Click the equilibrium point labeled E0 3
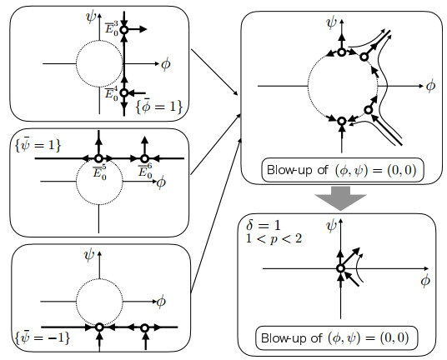coord(124,30)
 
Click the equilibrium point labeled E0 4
coord(124,92)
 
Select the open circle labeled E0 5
coord(98,158)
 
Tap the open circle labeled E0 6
coord(144,158)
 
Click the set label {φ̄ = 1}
coord(159,107)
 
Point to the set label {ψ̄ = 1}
coord(38,144)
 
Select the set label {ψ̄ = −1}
coord(43,337)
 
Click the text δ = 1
coord(264,225)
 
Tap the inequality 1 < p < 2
coord(274,238)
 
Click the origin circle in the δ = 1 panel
coord(340,268)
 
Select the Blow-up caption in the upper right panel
coord(342,170)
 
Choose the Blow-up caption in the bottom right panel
coord(335,337)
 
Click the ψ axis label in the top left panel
coord(91,17)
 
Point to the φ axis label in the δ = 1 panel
coord(425,281)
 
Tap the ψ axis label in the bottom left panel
coord(89,255)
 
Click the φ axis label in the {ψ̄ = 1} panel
coord(161,182)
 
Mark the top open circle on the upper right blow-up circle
coord(342,52)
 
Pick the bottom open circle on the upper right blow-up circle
coord(342,122)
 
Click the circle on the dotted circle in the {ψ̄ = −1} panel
coord(99,327)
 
